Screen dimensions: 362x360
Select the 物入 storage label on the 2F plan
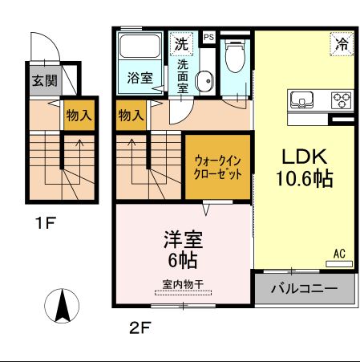tap(131, 115)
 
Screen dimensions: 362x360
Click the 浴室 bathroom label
tap(140, 78)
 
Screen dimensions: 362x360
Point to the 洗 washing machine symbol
tap(181, 42)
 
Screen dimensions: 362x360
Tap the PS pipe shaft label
tap(208, 38)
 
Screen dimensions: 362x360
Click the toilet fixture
tap(235, 58)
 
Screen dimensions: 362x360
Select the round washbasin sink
tap(205, 79)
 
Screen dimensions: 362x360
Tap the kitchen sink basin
tap(302, 101)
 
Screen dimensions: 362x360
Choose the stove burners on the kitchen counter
tap(342, 101)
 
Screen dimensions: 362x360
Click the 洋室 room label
tap(181, 239)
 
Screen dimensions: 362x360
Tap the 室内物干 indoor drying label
tap(184, 283)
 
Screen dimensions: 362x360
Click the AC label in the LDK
tap(340, 254)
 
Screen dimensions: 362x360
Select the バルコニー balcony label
tap(304, 288)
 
